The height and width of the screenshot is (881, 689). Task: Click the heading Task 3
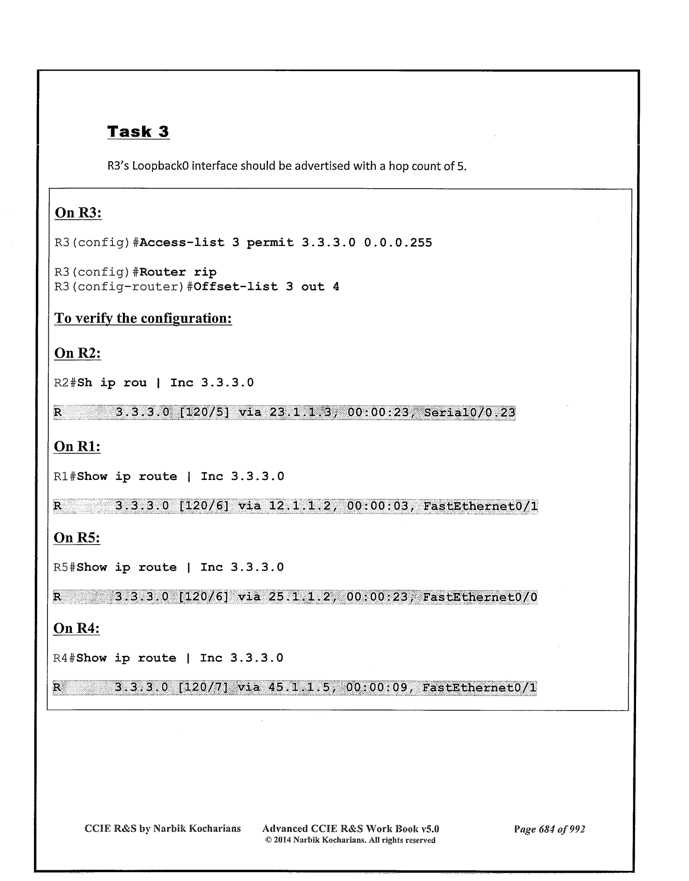click(x=138, y=131)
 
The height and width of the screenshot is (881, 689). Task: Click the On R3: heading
click(x=78, y=213)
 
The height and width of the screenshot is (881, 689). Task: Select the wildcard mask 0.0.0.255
click(x=398, y=243)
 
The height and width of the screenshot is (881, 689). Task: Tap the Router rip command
click(x=178, y=272)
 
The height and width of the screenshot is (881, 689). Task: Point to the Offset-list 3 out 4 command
click(x=266, y=287)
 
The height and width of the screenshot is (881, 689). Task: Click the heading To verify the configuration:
click(x=143, y=318)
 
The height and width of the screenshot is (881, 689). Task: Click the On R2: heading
click(x=78, y=353)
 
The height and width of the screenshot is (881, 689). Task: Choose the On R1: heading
click(x=77, y=447)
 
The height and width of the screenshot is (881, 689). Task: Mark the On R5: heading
click(x=77, y=538)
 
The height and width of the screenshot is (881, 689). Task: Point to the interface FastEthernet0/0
click(x=480, y=597)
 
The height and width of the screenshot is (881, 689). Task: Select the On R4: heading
click(x=77, y=628)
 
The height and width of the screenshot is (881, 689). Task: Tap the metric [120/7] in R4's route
click(x=203, y=687)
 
